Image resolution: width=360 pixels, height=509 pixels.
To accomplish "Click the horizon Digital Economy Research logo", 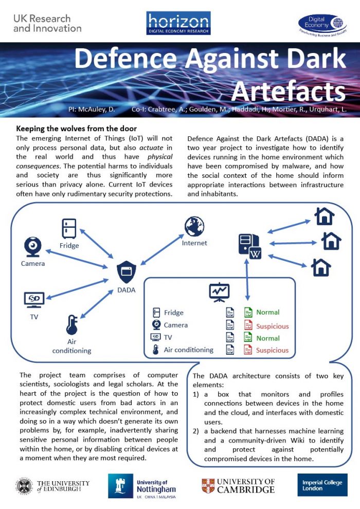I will point(178,24).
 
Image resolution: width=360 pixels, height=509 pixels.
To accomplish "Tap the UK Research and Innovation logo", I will point(47,23).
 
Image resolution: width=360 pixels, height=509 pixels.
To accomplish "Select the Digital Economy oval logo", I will point(322,25).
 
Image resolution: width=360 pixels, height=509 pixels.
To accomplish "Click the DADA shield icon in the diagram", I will point(126,270).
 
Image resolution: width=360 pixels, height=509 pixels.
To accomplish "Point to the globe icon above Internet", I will point(194,227).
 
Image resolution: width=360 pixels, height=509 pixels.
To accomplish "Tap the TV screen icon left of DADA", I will point(34,299).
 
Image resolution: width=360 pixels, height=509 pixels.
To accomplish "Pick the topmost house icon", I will point(324,216).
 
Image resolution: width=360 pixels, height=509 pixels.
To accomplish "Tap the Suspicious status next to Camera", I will point(273,326).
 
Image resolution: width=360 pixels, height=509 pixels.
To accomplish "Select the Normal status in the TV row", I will point(268,338).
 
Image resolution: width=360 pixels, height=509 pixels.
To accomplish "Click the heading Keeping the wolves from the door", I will point(77,129).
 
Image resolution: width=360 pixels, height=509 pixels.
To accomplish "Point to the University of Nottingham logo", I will point(142,486).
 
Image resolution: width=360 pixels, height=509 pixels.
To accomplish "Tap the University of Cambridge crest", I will point(208,486).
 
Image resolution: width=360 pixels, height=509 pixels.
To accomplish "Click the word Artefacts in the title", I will point(287,91).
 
